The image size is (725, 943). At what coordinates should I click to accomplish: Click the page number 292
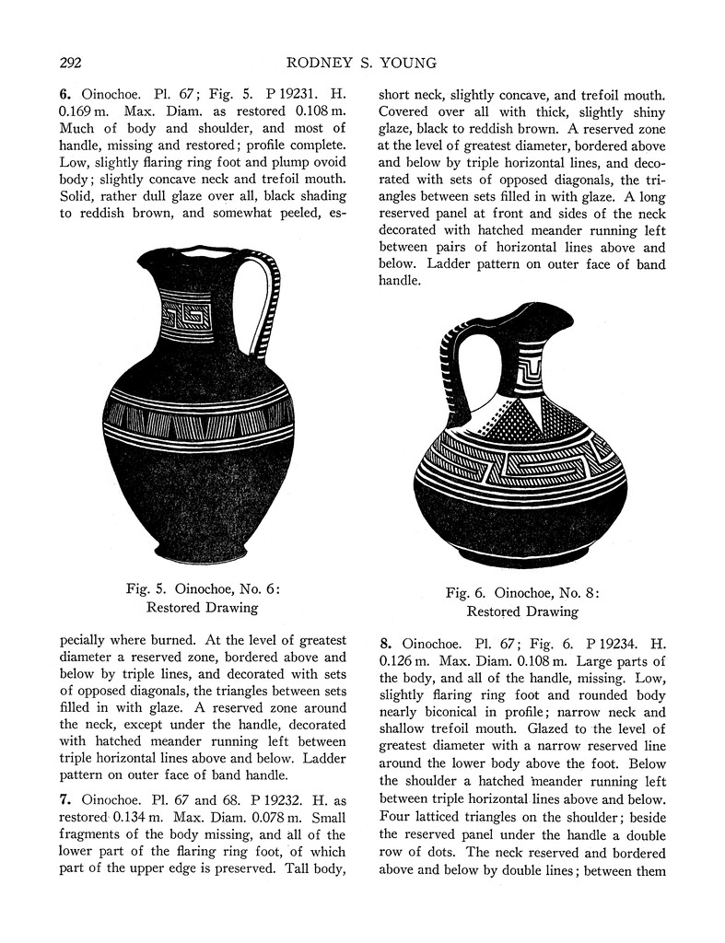(72, 63)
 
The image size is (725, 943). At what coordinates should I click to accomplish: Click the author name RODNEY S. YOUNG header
(362, 63)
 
